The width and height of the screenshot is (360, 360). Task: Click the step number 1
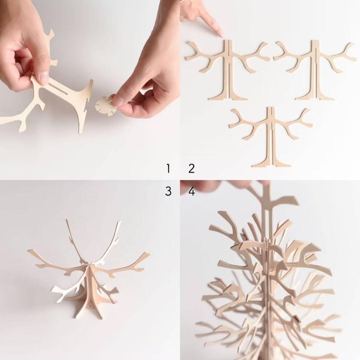tap(168, 168)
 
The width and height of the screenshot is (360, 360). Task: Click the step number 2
tap(191, 168)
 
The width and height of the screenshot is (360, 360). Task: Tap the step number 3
tap(168, 191)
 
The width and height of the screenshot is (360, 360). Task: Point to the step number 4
tap(192, 192)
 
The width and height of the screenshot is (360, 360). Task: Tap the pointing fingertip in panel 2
tap(220, 33)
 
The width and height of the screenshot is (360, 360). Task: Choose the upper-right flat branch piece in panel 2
tap(315, 67)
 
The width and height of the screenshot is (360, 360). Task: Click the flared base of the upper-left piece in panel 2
tap(228, 97)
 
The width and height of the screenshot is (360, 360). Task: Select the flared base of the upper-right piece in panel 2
tap(315, 97)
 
